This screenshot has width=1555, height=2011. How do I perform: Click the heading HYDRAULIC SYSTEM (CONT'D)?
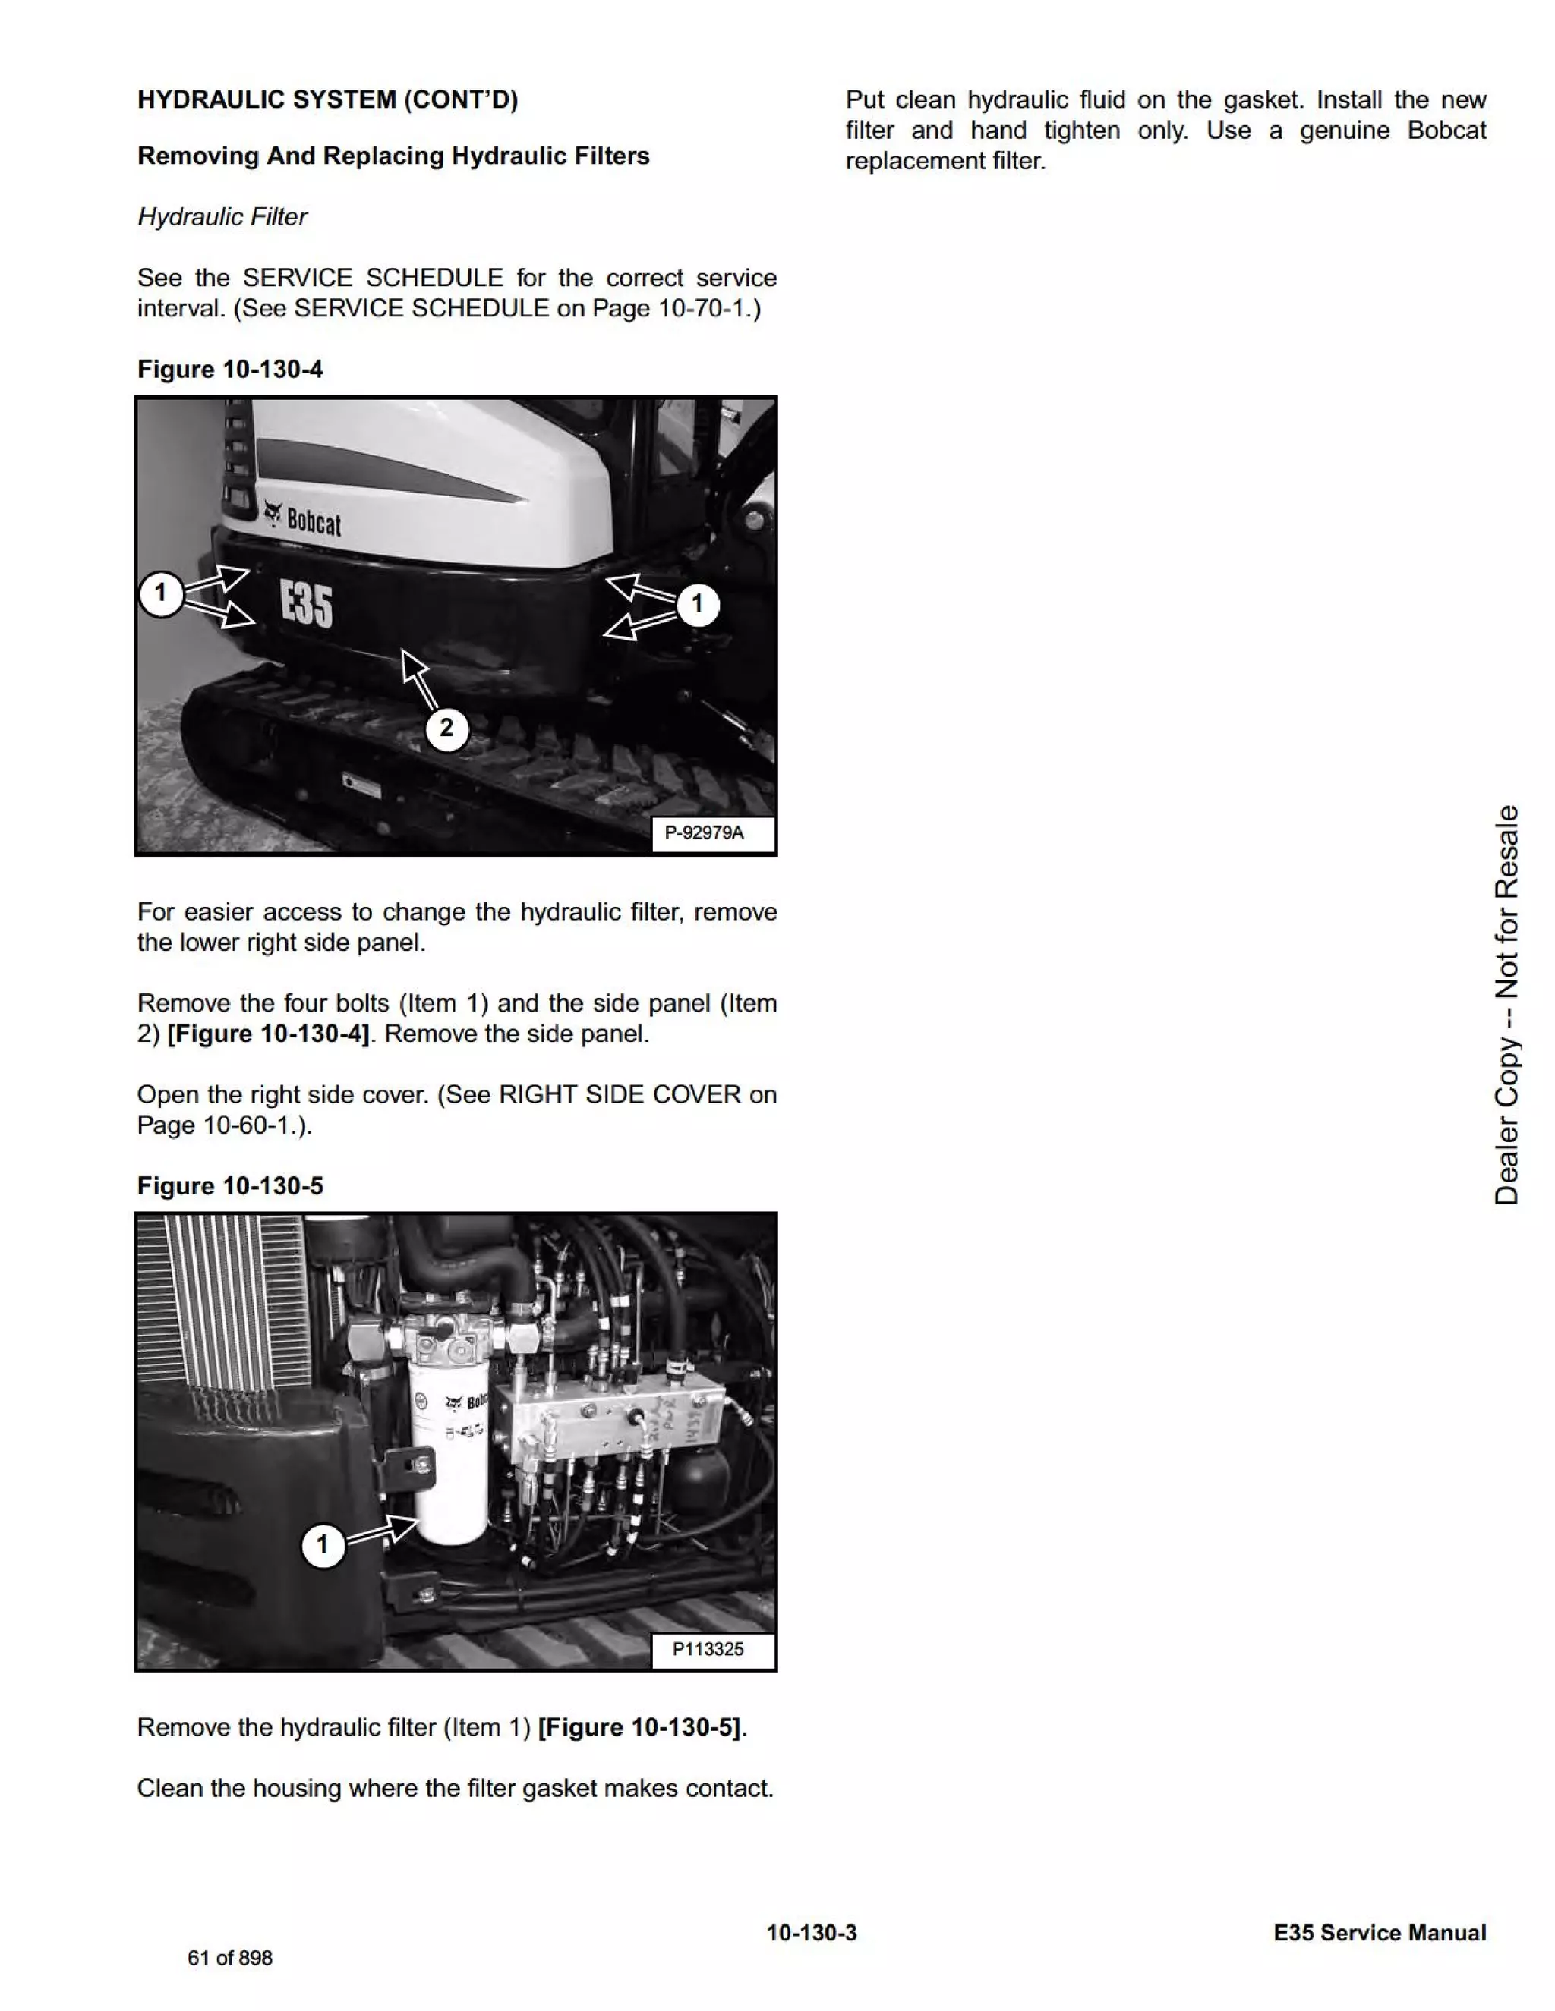tap(327, 99)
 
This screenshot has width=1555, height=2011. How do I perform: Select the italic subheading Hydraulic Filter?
tap(222, 216)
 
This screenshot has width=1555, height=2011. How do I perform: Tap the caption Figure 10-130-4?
tap(230, 370)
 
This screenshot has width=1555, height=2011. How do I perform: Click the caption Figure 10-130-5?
tap(230, 1186)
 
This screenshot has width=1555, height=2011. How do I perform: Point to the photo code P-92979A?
tap(705, 832)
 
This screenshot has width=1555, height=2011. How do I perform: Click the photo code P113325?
tap(708, 1648)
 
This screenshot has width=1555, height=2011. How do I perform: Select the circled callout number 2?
tap(446, 729)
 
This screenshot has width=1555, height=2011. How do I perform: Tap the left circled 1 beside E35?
tap(161, 592)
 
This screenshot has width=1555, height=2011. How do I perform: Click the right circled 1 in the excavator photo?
tap(697, 604)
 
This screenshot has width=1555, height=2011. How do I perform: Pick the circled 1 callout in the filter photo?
tap(323, 1544)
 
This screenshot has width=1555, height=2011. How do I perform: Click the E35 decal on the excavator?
tap(306, 605)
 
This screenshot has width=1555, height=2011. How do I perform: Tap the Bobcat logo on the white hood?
tap(303, 521)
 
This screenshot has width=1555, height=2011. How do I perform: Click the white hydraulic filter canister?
tap(449, 1464)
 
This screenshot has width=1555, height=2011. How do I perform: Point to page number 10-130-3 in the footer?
tap(812, 1933)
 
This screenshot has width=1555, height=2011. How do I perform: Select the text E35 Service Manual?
tap(1379, 1933)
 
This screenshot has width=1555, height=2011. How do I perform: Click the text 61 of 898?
tap(230, 1959)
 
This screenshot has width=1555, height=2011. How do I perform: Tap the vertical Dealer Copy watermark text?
tap(1506, 1004)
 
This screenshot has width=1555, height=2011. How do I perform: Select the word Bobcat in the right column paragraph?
tap(1446, 131)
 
